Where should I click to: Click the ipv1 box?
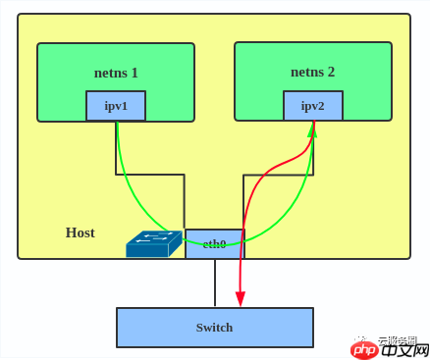[116, 106]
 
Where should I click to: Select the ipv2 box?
[313, 106]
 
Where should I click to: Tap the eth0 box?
[214, 243]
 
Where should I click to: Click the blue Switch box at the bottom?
[214, 328]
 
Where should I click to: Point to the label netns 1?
[116, 72]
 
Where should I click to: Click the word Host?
[81, 232]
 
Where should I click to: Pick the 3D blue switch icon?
[153, 244]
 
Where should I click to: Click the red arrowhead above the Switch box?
[241, 298]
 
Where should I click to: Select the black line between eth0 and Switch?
[215, 283]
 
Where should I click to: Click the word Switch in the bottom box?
[214, 328]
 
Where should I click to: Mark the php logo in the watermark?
[365, 349]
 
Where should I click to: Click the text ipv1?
[116, 106]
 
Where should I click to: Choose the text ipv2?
[313, 106]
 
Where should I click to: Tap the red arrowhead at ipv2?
[313, 129]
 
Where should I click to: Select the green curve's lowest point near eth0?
[214, 244]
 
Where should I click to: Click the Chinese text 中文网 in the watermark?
[404, 349]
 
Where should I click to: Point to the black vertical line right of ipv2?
[314, 147]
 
